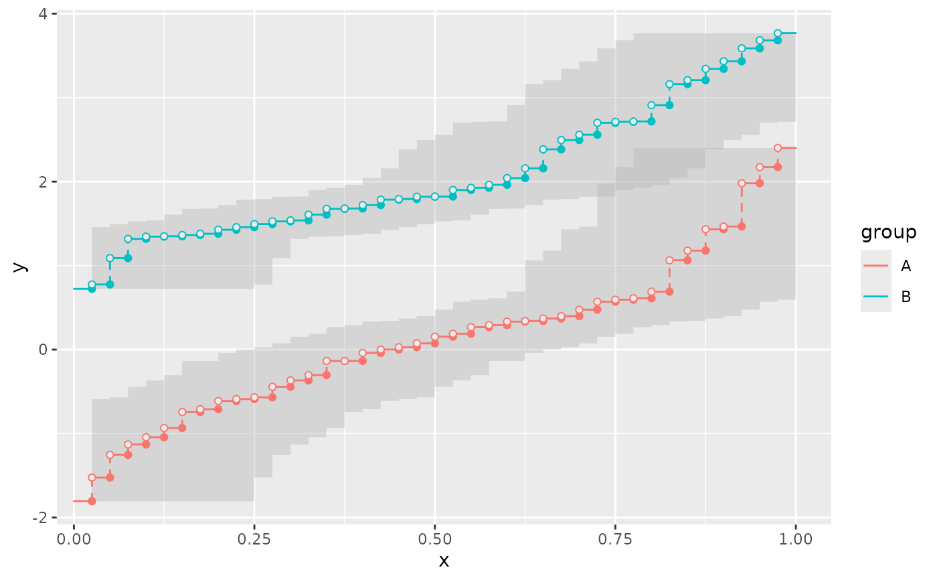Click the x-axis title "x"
(x=444, y=561)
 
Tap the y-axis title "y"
(x=19, y=266)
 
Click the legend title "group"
(x=888, y=232)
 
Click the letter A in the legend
(x=906, y=266)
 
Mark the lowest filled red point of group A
(x=92, y=501)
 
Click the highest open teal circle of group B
(x=778, y=33)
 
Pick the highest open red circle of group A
(x=778, y=148)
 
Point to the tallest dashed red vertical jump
(x=742, y=204)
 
